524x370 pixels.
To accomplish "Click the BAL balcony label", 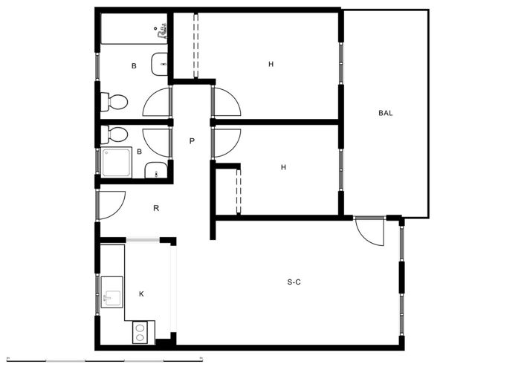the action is (x=385, y=113).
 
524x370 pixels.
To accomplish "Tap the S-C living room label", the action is (x=294, y=282).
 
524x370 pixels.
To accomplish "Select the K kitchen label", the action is (x=141, y=294).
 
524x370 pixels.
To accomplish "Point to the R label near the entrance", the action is (x=156, y=208).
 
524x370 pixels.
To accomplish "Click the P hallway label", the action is (x=192, y=141).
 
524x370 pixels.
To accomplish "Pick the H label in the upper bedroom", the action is (x=271, y=64).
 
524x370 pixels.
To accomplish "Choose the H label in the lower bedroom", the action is (x=283, y=167).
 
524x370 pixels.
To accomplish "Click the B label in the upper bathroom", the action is (x=134, y=66).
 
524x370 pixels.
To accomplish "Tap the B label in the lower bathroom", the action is (x=139, y=152).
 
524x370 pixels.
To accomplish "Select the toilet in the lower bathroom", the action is (x=114, y=134).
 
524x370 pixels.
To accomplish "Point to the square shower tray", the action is (x=116, y=163).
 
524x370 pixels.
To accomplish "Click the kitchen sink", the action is (x=112, y=292).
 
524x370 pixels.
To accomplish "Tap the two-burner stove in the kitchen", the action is (x=140, y=332).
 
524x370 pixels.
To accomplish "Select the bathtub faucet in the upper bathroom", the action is (x=161, y=32).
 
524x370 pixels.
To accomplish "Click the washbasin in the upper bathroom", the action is (x=159, y=64).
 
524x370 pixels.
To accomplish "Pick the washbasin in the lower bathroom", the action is (x=156, y=170).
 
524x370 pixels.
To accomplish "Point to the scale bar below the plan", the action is (x=105, y=360).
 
